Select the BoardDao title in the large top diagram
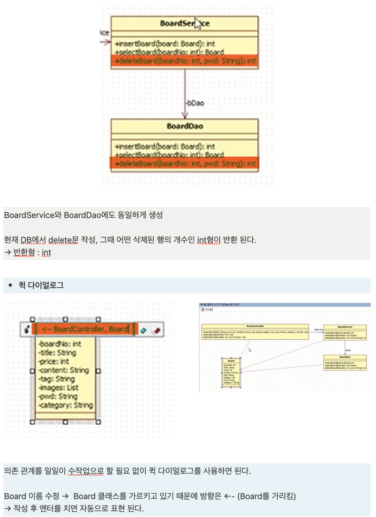coord(185,126)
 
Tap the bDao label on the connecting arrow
coord(196,103)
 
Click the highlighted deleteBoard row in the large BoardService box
coord(185,61)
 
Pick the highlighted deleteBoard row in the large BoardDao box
coord(185,163)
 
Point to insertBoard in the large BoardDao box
coord(165,147)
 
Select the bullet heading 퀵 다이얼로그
coord(41,285)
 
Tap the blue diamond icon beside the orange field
coord(143,330)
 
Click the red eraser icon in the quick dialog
coord(157,330)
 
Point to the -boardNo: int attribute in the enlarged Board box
coord(60,344)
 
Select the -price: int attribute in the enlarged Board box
coord(54,361)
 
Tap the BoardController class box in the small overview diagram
coord(255,331)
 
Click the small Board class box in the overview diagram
coord(231,372)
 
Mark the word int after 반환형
coord(47,252)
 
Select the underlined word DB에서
coord(33,240)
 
